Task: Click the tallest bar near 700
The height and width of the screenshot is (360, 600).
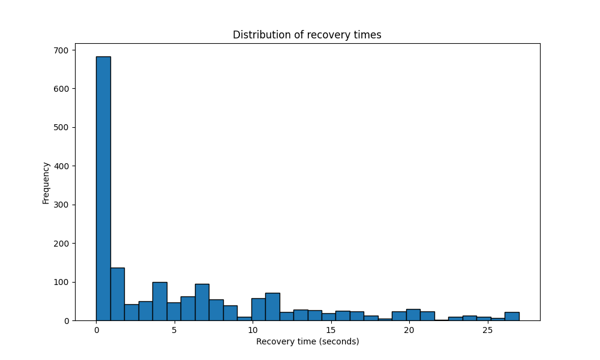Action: (103, 188)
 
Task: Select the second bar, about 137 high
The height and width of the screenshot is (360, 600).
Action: (117, 294)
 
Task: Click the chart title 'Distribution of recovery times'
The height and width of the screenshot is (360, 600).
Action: (307, 35)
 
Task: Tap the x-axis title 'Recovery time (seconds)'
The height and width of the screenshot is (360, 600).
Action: (307, 341)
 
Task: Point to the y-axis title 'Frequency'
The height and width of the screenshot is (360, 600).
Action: (46, 182)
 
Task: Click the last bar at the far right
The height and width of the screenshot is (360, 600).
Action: (512, 316)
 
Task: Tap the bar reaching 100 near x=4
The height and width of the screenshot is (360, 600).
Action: (160, 301)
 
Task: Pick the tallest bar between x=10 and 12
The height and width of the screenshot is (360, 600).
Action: (272, 307)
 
